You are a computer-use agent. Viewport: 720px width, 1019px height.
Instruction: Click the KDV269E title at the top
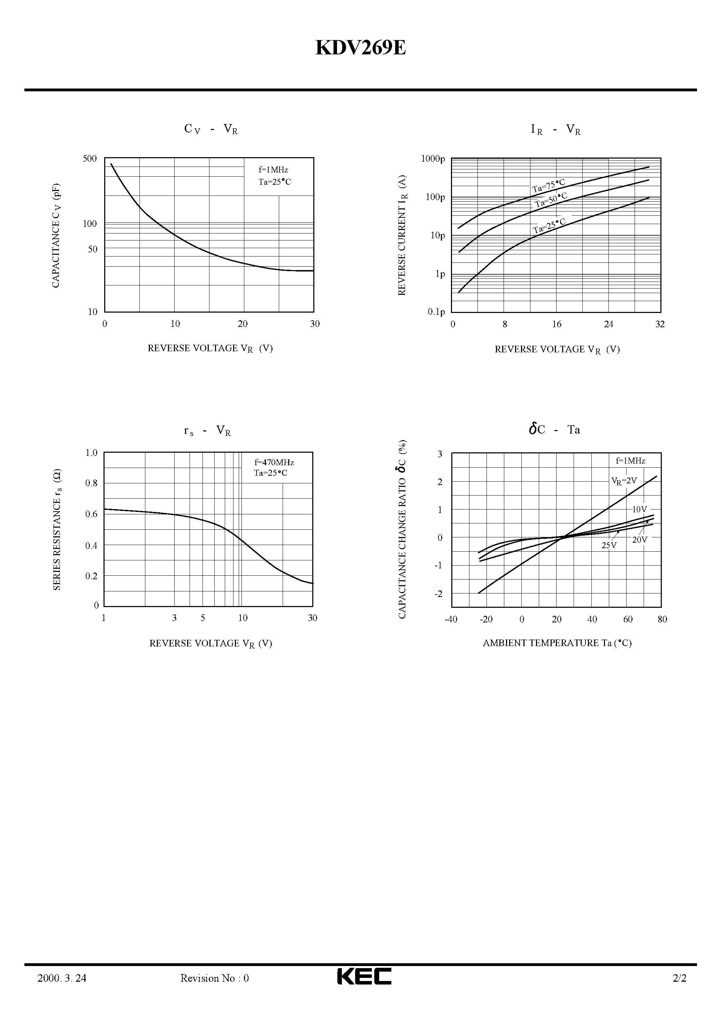click(x=360, y=48)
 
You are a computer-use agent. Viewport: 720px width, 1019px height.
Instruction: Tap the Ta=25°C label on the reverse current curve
click(x=550, y=226)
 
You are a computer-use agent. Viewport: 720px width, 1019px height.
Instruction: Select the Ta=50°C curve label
click(x=551, y=200)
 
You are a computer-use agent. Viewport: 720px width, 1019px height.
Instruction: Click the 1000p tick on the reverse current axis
click(x=433, y=159)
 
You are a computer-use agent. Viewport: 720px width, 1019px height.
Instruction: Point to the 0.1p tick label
click(x=436, y=312)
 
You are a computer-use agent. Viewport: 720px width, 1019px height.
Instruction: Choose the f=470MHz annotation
click(x=274, y=462)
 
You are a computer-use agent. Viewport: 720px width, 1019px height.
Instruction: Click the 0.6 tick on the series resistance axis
click(x=91, y=514)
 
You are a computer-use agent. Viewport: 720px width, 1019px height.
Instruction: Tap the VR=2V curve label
click(x=624, y=481)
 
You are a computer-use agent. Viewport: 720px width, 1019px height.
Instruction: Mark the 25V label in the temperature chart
click(x=609, y=545)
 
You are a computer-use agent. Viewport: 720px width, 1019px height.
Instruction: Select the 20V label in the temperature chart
click(x=639, y=540)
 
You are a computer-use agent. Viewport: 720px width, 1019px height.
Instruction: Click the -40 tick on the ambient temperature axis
click(x=451, y=619)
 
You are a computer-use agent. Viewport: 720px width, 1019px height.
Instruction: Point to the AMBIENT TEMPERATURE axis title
click(x=557, y=643)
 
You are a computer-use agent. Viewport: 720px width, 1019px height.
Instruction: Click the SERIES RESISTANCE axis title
click(x=57, y=529)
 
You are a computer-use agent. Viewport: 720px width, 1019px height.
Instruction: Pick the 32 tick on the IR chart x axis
click(x=660, y=324)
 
